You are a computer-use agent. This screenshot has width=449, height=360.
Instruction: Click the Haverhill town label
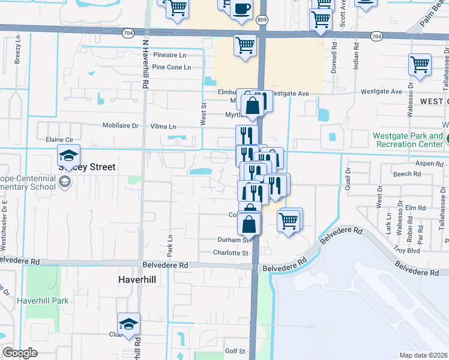[x=136, y=280]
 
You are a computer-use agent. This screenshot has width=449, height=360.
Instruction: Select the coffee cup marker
[x=241, y=10]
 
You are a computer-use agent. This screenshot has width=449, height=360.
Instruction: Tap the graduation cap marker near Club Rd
[x=129, y=324]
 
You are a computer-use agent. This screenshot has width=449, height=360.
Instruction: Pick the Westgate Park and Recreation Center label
[x=409, y=140]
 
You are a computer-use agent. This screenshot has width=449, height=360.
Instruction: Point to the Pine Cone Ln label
[x=171, y=67]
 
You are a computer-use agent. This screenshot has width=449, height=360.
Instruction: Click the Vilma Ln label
[x=163, y=127]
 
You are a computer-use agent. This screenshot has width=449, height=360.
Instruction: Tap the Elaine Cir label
[x=59, y=139]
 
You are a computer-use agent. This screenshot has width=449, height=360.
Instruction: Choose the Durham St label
[x=233, y=239]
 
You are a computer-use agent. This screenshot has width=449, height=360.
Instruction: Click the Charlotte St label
[x=231, y=253]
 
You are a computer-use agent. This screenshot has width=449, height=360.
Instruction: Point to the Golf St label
[x=235, y=351]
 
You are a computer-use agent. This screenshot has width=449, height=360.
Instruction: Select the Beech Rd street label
[x=408, y=174]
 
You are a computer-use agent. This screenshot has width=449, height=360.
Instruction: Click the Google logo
[x=20, y=353]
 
